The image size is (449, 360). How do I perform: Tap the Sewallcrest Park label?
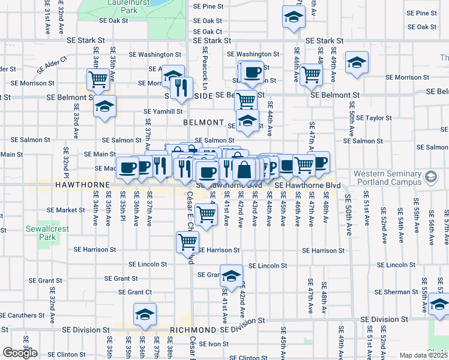pyautogui.click(x=41, y=233)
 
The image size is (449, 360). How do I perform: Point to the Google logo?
pyautogui.click(x=20, y=353)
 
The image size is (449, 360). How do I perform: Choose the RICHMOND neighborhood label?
pyautogui.click(x=192, y=330)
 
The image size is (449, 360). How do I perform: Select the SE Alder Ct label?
pyautogui.click(x=52, y=64)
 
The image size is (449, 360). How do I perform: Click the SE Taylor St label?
pyautogui.click(x=373, y=118)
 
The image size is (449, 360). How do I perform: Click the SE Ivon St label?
pyautogui.click(x=213, y=344)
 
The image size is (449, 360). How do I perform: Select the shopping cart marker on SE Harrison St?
pyautogui.click(x=187, y=241)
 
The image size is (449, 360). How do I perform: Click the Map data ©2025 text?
pyautogui.click(x=423, y=355)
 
